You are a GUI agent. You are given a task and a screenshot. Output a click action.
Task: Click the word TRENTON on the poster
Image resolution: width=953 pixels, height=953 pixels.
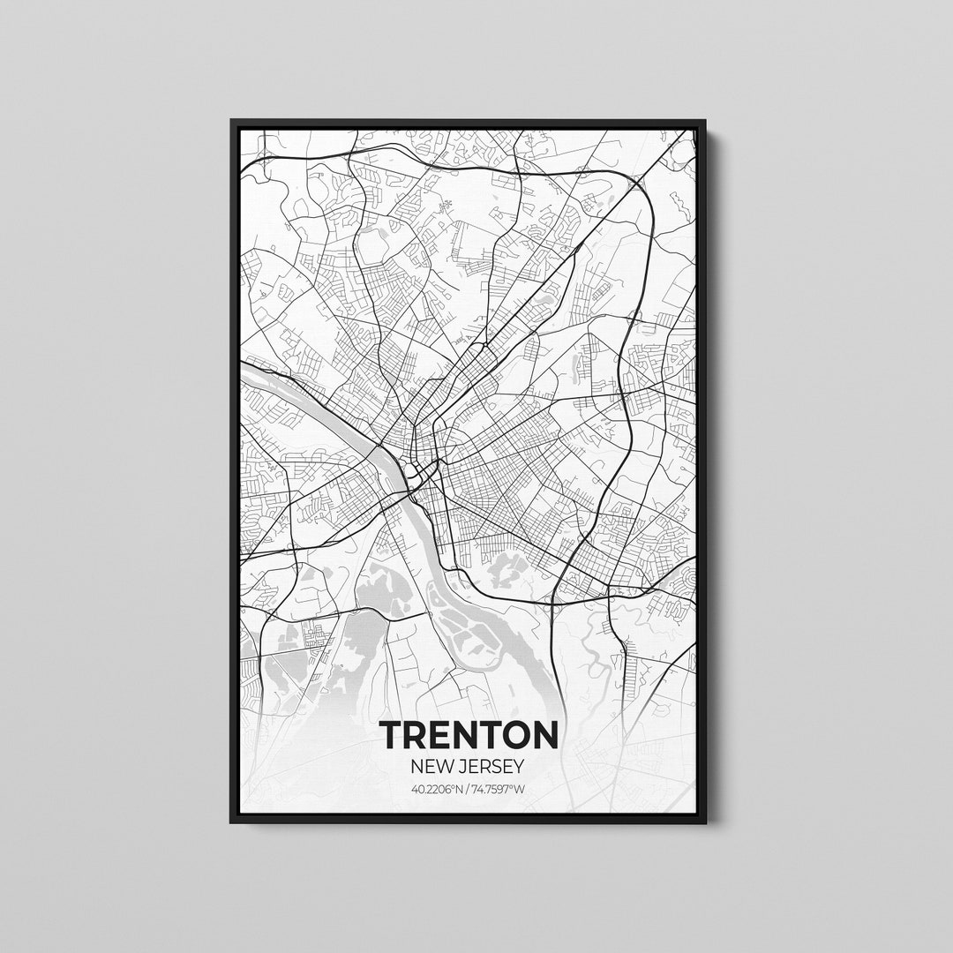(x=468, y=735)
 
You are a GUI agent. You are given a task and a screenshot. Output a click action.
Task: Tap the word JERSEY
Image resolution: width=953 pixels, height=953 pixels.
(x=492, y=765)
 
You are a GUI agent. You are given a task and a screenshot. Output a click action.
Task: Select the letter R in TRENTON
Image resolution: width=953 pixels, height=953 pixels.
(x=414, y=735)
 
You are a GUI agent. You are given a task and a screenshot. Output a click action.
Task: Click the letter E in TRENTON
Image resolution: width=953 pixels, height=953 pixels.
(x=439, y=735)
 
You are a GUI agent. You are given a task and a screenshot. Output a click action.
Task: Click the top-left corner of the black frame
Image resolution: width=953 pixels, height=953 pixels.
(x=232, y=121)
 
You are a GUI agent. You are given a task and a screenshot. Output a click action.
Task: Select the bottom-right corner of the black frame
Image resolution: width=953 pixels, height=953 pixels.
(x=704, y=822)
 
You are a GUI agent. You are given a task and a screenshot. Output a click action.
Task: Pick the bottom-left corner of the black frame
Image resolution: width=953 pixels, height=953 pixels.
(x=232, y=822)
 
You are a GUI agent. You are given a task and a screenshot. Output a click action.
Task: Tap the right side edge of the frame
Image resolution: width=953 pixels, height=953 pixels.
(x=702, y=476)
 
